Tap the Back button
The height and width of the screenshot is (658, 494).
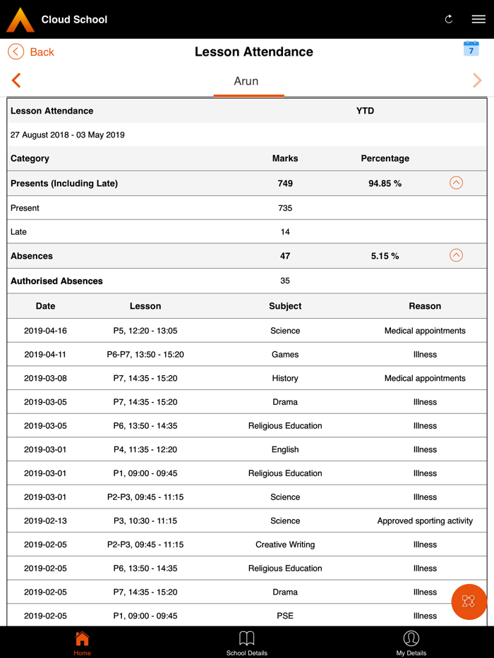[31, 51]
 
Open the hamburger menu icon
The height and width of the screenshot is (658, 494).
[478, 19]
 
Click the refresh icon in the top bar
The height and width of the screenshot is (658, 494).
[449, 19]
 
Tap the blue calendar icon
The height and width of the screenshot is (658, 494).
[471, 49]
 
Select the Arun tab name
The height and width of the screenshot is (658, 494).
[246, 81]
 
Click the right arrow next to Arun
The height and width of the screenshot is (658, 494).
[478, 80]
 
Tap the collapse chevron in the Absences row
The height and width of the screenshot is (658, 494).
[456, 255]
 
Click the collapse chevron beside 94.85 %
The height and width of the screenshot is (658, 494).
[456, 183]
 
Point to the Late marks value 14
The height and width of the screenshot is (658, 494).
[285, 231]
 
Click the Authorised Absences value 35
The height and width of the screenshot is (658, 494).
[285, 281]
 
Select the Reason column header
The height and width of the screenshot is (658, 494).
[425, 306]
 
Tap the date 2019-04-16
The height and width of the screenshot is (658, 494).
[45, 331]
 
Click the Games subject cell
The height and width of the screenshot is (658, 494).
[285, 355]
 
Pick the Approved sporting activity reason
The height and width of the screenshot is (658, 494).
[425, 521]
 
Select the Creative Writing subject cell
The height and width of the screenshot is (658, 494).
[285, 544]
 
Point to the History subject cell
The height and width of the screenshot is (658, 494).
[285, 378]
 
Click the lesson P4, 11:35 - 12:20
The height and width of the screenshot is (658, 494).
[145, 449]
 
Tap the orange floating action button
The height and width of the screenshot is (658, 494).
[469, 602]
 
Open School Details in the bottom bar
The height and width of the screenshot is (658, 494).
[247, 642]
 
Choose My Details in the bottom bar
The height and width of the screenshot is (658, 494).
[411, 642]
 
